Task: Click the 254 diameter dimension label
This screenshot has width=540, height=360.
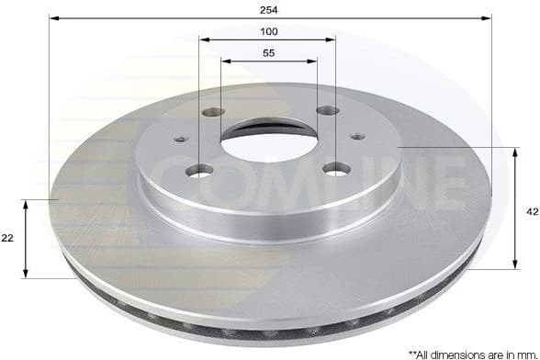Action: tap(268, 9)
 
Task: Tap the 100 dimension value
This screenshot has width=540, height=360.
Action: tap(268, 31)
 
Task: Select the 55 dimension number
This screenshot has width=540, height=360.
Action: tap(268, 53)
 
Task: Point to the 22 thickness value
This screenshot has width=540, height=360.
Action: tap(7, 238)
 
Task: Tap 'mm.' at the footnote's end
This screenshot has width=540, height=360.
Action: tap(526, 353)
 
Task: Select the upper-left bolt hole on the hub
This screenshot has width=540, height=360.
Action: tap(213, 113)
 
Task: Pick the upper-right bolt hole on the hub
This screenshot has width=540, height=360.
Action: tap(326, 111)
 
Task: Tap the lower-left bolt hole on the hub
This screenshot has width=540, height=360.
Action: tap(199, 170)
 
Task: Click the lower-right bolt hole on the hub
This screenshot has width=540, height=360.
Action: tap(336, 168)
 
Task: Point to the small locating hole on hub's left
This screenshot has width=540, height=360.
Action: tap(180, 141)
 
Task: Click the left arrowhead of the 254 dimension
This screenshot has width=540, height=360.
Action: tap(53, 18)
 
